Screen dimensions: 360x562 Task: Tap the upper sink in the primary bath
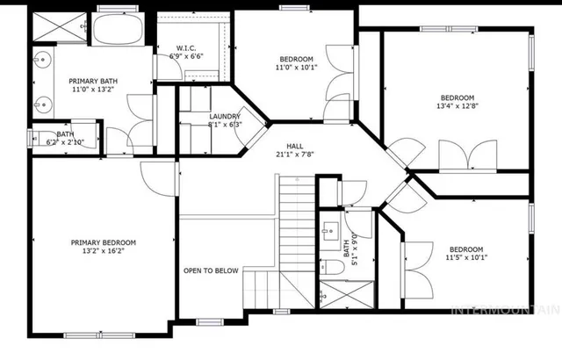pyautogui.click(x=41, y=62)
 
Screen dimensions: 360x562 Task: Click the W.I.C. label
pyautogui.click(x=185, y=48)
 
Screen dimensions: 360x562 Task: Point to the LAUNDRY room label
pyautogui.click(x=225, y=116)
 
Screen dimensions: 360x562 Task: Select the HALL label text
pyautogui.click(x=296, y=146)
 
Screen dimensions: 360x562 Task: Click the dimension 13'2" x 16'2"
pyautogui.click(x=104, y=251)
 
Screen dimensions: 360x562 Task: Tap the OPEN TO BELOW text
pyautogui.click(x=211, y=270)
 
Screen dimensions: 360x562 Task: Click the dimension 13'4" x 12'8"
pyautogui.click(x=458, y=107)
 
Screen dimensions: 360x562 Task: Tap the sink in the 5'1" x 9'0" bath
pyautogui.click(x=328, y=233)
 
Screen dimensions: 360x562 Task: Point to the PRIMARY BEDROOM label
pyautogui.click(x=104, y=241)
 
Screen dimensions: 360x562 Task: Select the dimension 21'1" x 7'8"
pyautogui.click(x=296, y=155)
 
